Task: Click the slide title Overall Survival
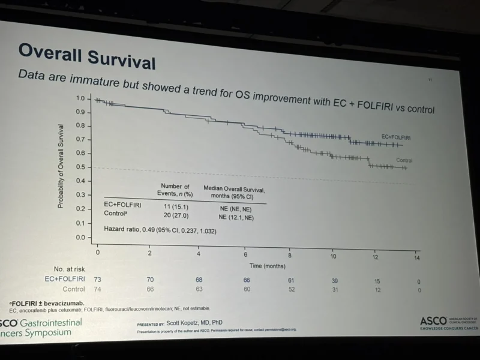86,57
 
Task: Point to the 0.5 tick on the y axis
80,167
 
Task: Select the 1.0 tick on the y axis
80,98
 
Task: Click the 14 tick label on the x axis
416,257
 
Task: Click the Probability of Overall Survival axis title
61,166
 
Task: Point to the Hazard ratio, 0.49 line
160,230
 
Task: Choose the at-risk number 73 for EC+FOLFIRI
98,279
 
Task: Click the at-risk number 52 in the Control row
291,289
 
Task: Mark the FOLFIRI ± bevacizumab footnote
47,302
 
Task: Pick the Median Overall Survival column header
234,192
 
